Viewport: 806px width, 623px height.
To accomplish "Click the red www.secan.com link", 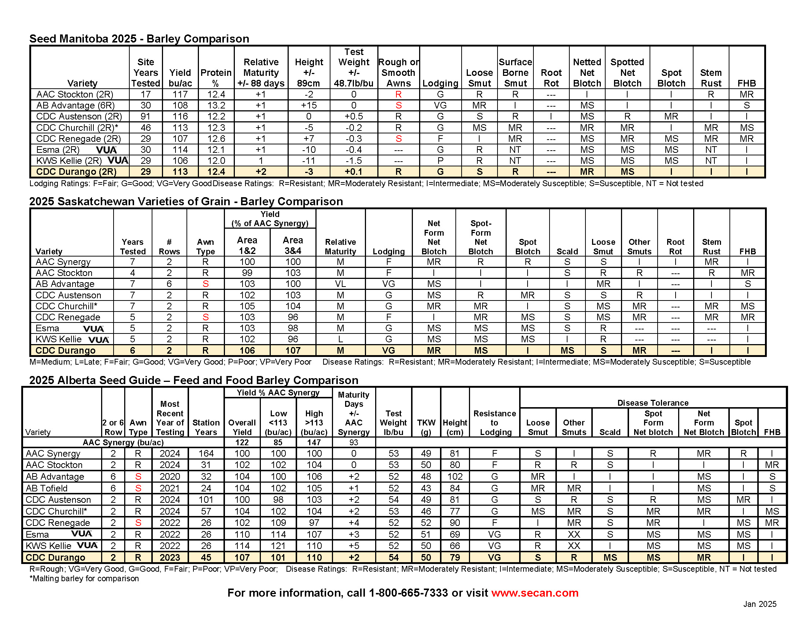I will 535,593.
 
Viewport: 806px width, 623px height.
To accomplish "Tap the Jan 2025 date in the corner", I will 759,604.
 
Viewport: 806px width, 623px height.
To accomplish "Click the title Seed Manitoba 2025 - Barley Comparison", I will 139,39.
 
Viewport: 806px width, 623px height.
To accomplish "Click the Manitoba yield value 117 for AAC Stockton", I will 180,95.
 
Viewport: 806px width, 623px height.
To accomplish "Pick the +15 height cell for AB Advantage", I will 308,106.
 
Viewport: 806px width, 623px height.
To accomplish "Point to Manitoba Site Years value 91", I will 145,117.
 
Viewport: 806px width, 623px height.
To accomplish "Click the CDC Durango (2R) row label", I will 77,172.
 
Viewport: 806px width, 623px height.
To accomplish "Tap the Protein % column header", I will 216,78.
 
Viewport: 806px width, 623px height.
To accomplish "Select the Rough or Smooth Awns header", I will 399,73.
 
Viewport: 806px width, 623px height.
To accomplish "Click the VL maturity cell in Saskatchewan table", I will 340,284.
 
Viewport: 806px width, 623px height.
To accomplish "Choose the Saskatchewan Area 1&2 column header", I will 247,246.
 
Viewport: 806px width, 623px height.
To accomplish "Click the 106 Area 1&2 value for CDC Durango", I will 247,350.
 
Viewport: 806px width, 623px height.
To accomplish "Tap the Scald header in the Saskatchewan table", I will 567,251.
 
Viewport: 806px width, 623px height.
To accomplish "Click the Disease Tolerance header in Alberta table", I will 653,403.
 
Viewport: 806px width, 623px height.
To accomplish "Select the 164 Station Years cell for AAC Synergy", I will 206,454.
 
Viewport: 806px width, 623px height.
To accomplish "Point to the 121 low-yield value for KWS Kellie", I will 278,546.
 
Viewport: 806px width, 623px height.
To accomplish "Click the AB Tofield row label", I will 47,488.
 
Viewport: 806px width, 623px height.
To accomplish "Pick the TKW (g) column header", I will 426,427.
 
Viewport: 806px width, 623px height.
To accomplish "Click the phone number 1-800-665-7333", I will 408,593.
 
